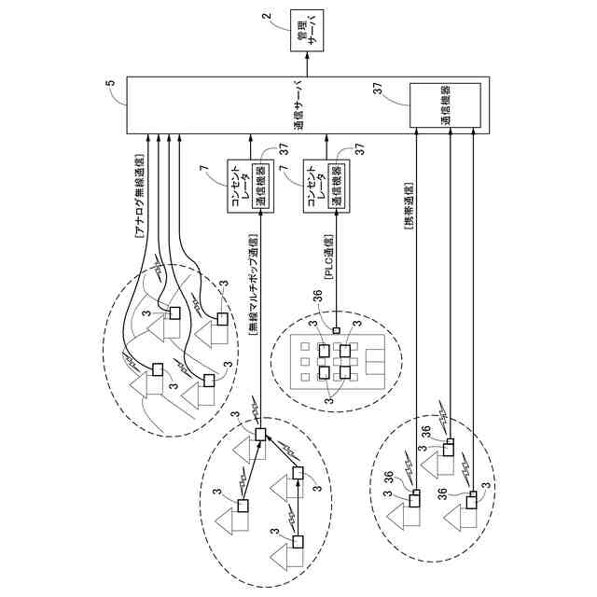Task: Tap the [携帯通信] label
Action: coord(409,216)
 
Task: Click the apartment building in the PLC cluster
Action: coord(335,361)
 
